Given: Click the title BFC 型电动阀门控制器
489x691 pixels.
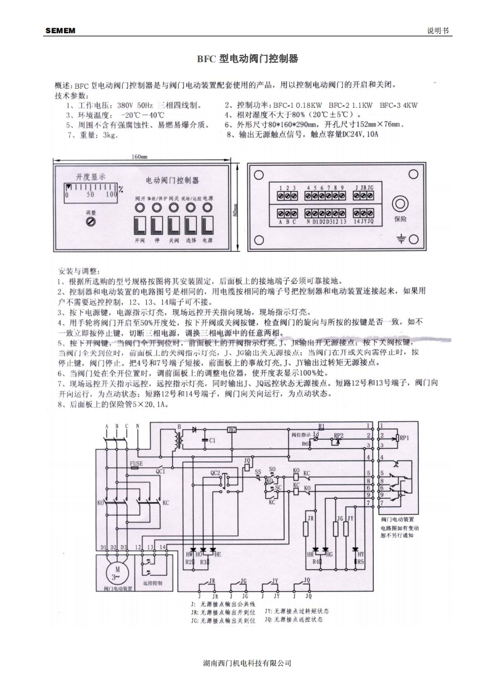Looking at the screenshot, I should (x=247, y=59).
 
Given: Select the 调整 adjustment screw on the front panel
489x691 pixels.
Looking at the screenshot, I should (x=92, y=220).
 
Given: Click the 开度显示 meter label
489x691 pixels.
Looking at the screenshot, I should (x=91, y=177).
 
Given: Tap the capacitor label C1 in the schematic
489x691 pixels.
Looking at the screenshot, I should (x=212, y=440).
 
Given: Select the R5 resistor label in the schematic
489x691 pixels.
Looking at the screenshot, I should (x=361, y=562).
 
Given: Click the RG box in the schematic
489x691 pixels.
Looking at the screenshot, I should (x=232, y=429).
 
